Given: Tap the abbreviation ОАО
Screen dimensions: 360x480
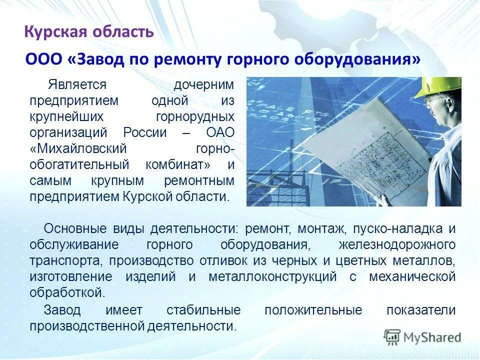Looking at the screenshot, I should [220, 132].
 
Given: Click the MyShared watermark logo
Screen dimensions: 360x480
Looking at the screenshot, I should [422, 336].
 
